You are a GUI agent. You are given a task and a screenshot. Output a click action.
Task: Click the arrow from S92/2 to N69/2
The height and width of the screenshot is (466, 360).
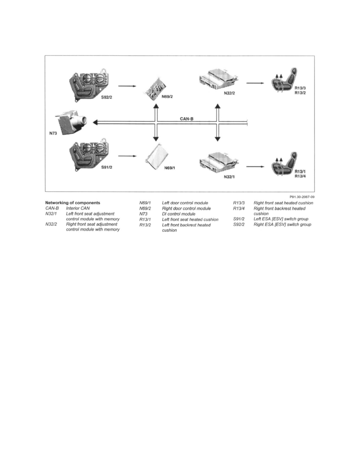coord(127,85)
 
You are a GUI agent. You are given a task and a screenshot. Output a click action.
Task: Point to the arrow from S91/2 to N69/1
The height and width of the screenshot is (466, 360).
coord(127,156)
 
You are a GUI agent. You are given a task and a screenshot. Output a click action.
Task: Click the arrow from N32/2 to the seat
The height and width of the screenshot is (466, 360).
coord(255,83)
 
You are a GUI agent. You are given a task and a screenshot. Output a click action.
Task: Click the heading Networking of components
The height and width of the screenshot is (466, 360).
coord(73,203)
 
